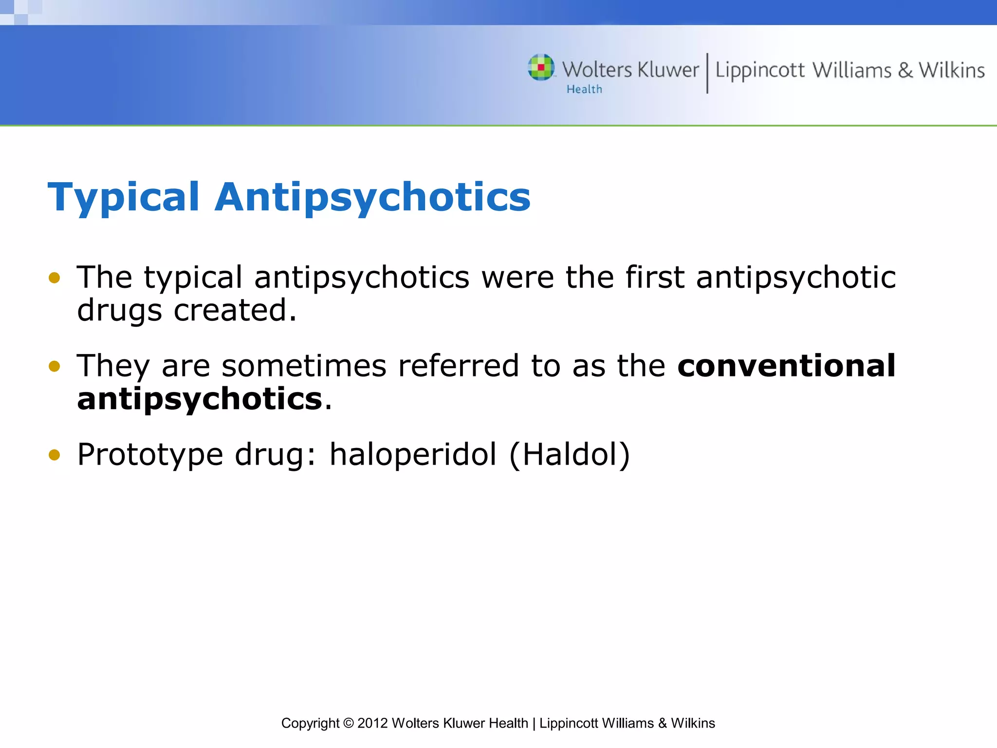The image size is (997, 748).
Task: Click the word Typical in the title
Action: (x=124, y=198)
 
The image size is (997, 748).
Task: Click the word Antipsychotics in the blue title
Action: (x=372, y=198)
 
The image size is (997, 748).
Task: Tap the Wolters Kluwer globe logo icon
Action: (x=541, y=68)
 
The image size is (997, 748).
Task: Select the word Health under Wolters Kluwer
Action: (x=584, y=90)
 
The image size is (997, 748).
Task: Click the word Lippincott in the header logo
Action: (x=759, y=71)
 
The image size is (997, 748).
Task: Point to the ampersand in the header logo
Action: (x=905, y=71)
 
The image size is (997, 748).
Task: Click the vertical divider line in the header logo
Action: (x=707, y=73)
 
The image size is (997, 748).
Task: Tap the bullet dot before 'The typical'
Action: (x=54, y=278)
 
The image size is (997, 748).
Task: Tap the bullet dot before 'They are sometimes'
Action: (x=54, y=366)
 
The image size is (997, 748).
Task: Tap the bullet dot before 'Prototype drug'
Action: (x=54, y=455)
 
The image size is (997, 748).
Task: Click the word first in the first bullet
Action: (x=655, y=277)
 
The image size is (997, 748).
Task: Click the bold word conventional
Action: (x=786, y=366)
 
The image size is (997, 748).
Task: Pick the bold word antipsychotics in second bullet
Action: (x=200, y=399)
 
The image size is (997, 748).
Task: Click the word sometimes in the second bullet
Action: (x=304, y=366)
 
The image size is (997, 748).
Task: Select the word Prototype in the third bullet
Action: (x=150, y=455)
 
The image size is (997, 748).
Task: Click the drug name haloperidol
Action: (x=413, y=454)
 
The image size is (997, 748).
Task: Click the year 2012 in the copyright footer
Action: (x=372, y=723)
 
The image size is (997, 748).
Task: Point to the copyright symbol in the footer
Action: (x=348, y=723)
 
